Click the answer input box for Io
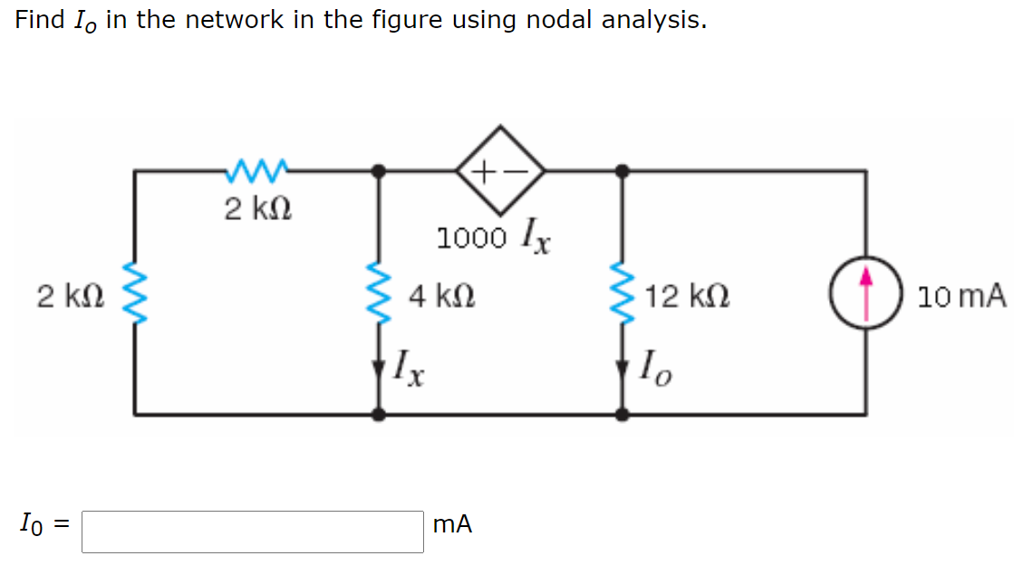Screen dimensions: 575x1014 pos(252,532)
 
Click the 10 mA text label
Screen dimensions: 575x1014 pos(961,295)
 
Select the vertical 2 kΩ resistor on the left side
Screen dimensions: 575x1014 pos(135,294)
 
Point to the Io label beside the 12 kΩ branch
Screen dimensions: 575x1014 pos(655,369)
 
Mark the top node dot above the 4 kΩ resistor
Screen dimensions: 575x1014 pos(379,169)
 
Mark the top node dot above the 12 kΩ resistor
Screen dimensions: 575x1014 pos(622,169)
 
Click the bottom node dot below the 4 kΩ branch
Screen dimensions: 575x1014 pos(379,414)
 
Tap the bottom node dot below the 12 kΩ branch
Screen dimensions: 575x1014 pos(622,414)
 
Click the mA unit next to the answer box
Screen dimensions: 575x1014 pos(452,524)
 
